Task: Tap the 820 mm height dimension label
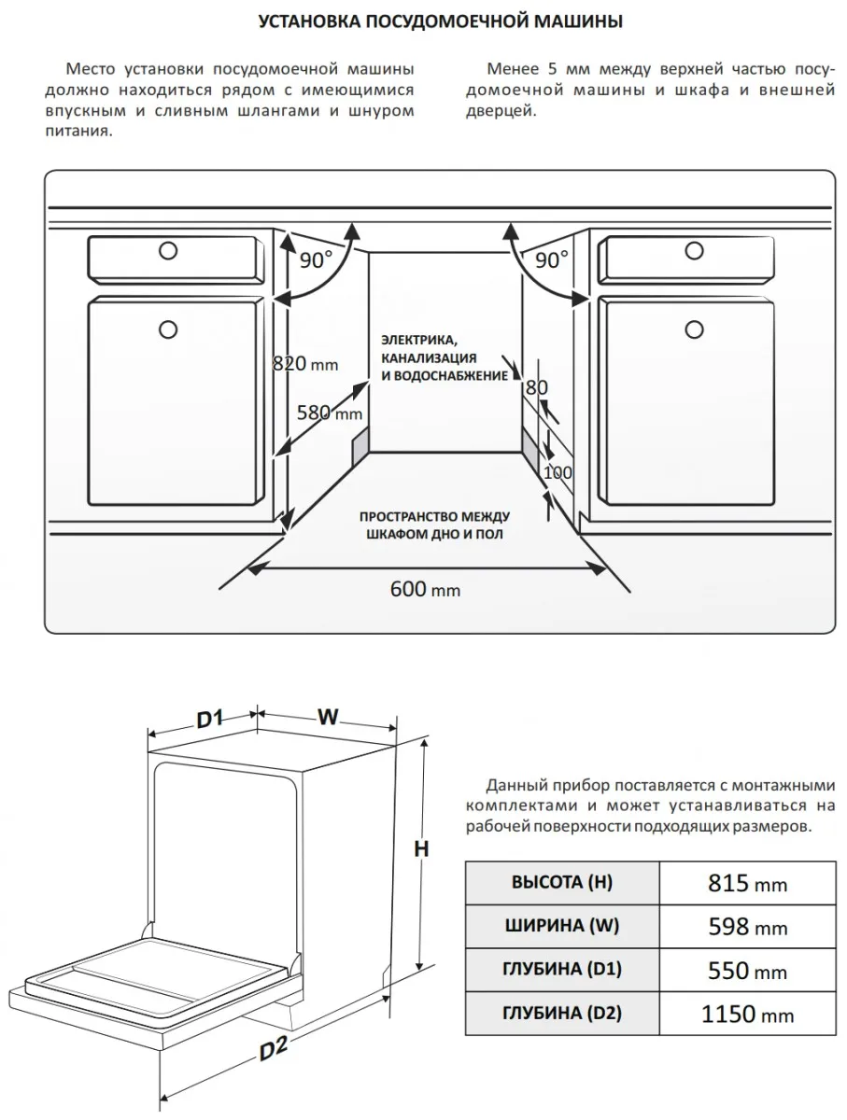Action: [x=304, y=363]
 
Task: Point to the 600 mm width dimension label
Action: [x=425, y=589]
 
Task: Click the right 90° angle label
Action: [x=552, y=260]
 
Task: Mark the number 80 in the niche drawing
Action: [x=536, y=386]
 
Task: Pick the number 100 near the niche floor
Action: [x=558, y=472]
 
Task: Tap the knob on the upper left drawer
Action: [x=168, y=250]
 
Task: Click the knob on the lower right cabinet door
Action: [x=693, y=329]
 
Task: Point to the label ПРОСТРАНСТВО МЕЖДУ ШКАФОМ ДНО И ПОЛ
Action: [x=433, y=525]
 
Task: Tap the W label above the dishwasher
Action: [x=327, y=717]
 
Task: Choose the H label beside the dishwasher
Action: [x=421, y=848]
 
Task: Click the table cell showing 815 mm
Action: [x=747, y=883]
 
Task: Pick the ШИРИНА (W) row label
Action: [x=562, y=926]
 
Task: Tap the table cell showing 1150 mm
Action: [x=747, y=1014]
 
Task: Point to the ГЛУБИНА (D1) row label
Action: [x=562, y=970]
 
